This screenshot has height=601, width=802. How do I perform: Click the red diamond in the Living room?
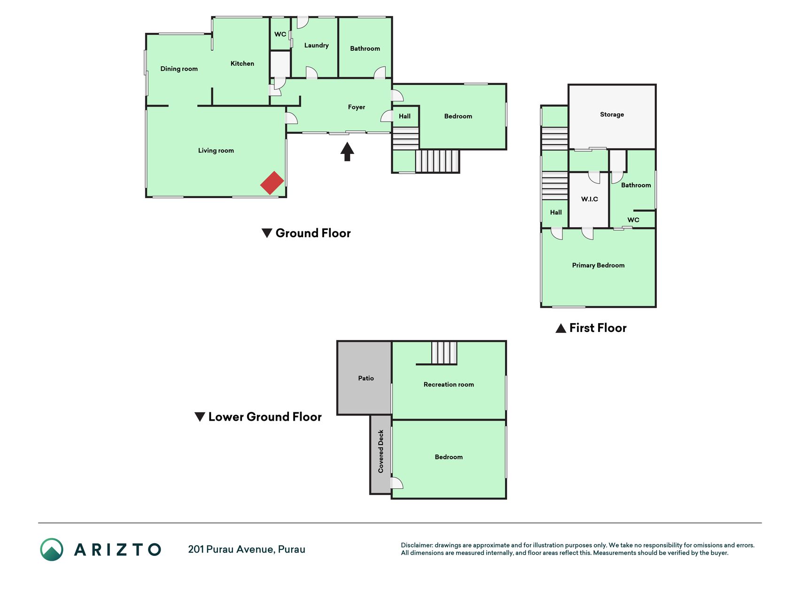[272, 183]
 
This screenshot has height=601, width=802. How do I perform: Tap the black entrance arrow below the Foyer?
[347, 152]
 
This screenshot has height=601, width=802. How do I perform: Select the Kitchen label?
[242, 63]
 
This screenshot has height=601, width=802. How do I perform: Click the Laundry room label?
[316, 46]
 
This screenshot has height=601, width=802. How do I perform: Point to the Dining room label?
[179, 69]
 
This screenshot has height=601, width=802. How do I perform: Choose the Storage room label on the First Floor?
[612, 115]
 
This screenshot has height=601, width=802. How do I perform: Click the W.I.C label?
[590, 199]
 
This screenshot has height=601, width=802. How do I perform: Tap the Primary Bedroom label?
[598, 265]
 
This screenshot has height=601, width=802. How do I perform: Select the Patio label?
[366, 378]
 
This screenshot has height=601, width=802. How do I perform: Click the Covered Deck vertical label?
[381, 451]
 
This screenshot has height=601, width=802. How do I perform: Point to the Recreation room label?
[449, 385]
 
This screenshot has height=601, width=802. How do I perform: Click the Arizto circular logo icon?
[52, 549]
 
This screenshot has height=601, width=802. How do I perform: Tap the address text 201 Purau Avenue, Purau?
[247, 549]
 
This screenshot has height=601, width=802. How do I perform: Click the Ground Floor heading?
[313, 233]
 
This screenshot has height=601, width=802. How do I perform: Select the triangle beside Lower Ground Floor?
[200, 417]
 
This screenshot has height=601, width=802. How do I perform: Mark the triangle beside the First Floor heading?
[561, 328]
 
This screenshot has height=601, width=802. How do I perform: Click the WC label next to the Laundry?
[280, 34]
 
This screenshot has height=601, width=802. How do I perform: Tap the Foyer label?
[357, 108]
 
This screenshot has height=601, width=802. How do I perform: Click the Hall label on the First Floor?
[556, 213]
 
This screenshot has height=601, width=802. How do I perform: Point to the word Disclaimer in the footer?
[417, 545]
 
